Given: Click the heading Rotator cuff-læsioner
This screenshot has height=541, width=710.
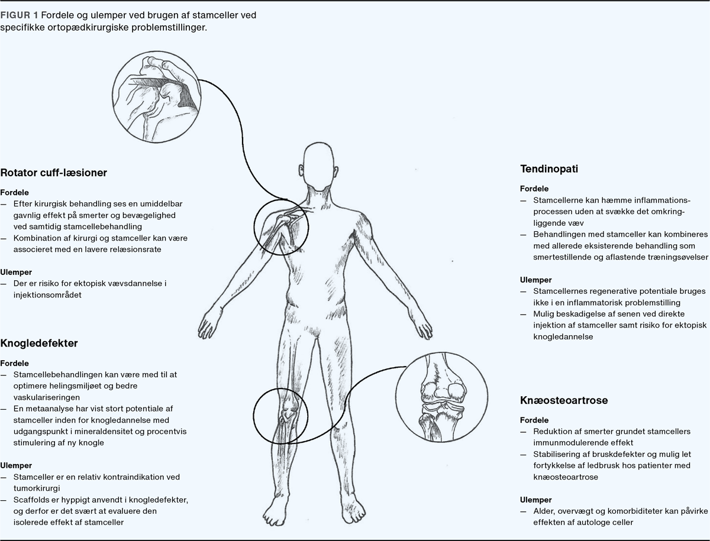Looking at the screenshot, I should coord(53,173).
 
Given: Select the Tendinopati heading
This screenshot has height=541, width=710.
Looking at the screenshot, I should coord(548,169).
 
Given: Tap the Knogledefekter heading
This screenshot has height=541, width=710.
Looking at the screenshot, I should coord(39,343).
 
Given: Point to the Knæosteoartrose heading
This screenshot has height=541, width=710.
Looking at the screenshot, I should coord(564,400).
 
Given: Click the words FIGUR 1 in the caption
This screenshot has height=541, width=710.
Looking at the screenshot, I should coord(20,15).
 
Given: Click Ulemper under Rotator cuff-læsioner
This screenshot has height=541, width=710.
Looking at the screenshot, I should coord(17,273).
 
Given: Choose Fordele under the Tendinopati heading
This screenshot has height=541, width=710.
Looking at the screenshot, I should coord(534,189).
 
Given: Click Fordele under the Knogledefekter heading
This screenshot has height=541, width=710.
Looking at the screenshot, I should coord(15,363).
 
